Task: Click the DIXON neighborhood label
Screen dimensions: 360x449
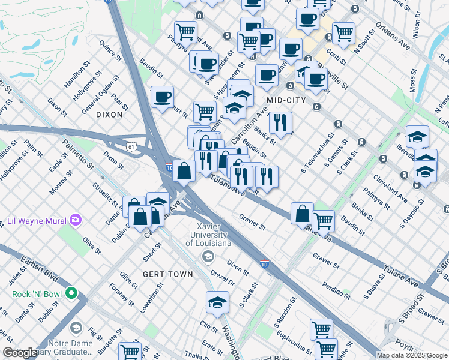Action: pyautogui.click(x=109, y=114)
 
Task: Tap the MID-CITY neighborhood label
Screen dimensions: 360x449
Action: pyautogui.click(x=286, y=100)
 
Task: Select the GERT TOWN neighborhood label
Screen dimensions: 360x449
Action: pyautogui.click(x=167, y=274)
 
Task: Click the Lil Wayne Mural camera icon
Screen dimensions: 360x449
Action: pyautogui.click(x=75, y=220)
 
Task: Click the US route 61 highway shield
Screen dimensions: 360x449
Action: pyautogui.click(x=131, y=146)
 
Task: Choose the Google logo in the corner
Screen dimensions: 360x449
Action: pyautogui.click(x=20, y=353)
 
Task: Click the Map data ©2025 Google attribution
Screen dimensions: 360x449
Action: pyautogui.click(x=412, y=355)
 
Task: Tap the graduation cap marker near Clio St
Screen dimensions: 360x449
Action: pyautogui.click(x=217, y=303)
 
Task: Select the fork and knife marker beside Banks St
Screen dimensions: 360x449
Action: pyautogui.click(x=280, y=123)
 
